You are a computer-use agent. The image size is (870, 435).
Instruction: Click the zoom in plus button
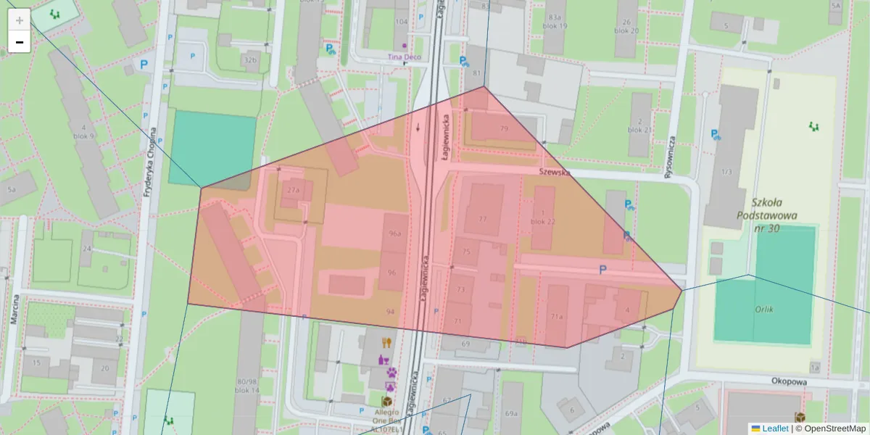click(x=20, y=20)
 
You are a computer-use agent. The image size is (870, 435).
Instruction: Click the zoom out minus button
click(x=20, y=42)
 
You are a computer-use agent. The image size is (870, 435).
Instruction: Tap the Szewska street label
click(x=555, y=173)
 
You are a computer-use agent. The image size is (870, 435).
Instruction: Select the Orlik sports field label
click(x=763, y=310)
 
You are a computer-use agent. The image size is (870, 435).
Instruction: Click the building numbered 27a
click(x=293, y=190)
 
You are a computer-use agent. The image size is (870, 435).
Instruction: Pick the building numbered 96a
click(x=395, y=234)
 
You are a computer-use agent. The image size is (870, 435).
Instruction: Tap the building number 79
click(x=504, y=129)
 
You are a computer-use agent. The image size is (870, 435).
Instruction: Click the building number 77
click(x=483, y=219)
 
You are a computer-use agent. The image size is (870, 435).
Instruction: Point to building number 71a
click(x=556, y=317)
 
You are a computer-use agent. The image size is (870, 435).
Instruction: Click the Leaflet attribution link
click(x=774, y=428)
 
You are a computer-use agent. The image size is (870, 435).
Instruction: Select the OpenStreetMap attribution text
click(x=830, y=428)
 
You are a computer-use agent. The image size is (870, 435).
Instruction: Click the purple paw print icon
click(x=391, y=372)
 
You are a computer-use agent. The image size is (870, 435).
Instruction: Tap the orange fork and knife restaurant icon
click(x=386, y=343)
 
